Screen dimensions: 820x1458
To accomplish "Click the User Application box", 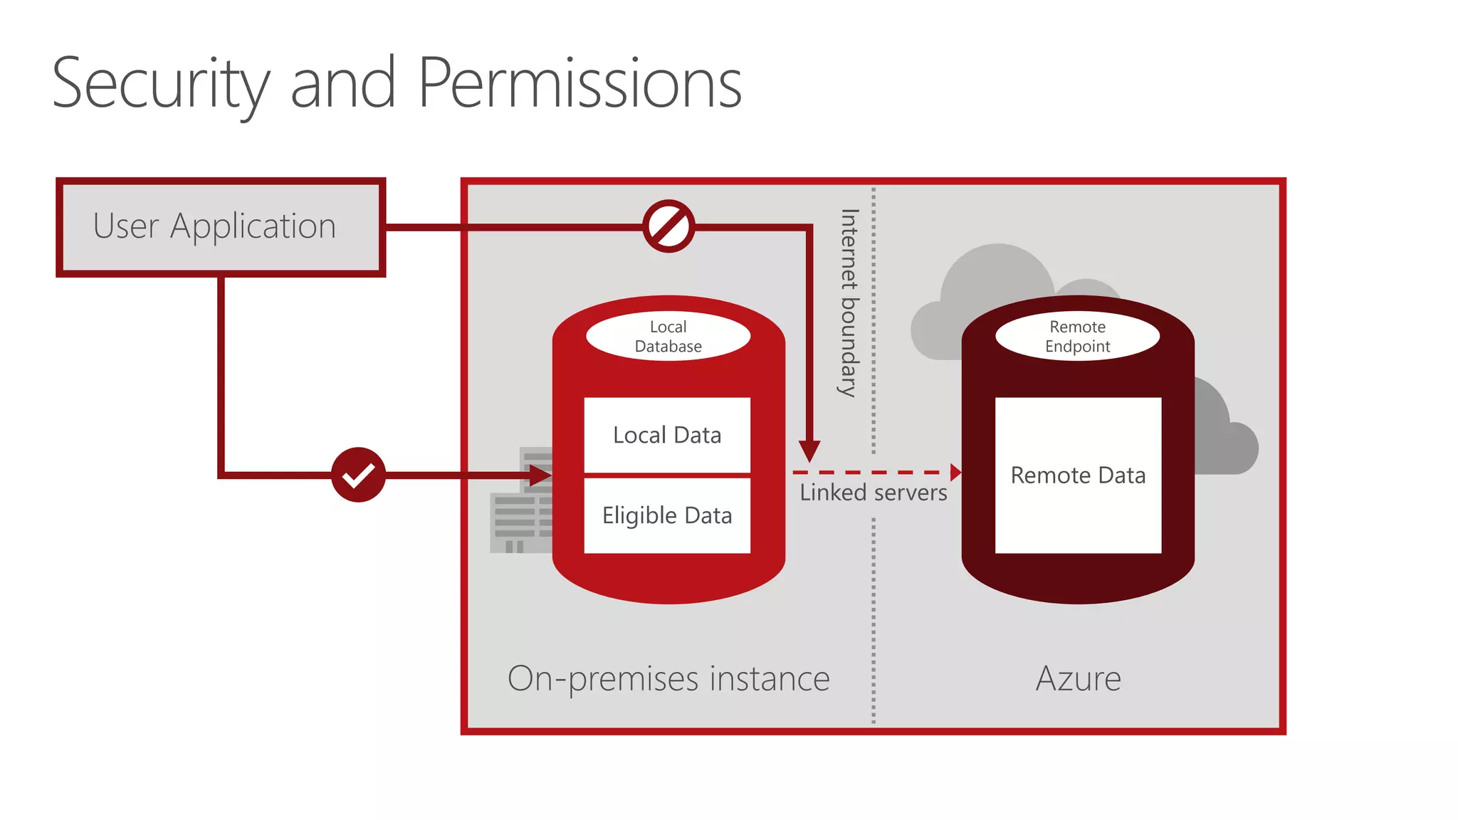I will click(x=221, y=227).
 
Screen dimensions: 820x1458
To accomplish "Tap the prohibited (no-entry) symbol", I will click(x=668, y=226).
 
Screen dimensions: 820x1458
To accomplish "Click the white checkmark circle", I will click(x=358, y=475).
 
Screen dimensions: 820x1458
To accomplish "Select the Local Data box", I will click(x=667, y=435).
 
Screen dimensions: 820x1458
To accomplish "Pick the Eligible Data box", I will click(x=667, y=515).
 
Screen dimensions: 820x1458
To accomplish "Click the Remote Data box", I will click(x=1078, y=475).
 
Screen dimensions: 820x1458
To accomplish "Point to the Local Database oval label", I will click(x=668, y=337).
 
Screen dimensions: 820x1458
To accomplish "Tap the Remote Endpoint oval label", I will click(x=1077, y=337).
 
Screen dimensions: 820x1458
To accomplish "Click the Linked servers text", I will click(x=873, y=493).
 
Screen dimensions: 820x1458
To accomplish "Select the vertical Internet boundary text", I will click(x=849, y=303).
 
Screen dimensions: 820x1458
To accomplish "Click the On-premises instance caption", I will click(x=668, y=678).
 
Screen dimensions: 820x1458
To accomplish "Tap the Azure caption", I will click(x=1078, y=678).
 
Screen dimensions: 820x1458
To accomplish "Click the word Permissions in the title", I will click(x=579, y=84).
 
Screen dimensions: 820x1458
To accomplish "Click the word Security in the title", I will click(x=161, y=84).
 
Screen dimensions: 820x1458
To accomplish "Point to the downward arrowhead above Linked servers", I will click(x=809, y=451).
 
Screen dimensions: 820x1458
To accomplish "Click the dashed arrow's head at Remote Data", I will click(x=955, y=472).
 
